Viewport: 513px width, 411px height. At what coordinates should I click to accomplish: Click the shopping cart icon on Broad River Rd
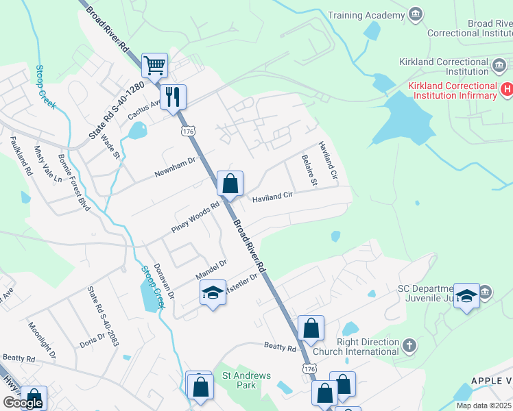(155, 66)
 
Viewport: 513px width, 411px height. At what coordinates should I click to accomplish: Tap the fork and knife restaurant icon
(174, 97)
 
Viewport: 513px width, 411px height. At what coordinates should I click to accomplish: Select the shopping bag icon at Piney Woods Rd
(230, 184)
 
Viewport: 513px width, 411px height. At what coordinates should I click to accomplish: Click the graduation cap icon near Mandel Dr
(213, 294)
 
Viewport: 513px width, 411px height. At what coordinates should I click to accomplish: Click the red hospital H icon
(507, 88)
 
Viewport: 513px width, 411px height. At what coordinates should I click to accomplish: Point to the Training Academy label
(366, 15)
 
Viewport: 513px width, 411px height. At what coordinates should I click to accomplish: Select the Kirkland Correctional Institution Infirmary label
(451, 90)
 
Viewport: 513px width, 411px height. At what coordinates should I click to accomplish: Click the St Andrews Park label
(246, 380)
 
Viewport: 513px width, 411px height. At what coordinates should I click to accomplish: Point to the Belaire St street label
(309, 171)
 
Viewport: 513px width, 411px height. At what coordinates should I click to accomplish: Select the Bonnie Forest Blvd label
(74, 190)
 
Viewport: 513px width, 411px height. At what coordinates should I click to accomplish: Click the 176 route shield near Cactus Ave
(186, 130)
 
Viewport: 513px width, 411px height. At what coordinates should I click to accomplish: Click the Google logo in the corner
(23, 403)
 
